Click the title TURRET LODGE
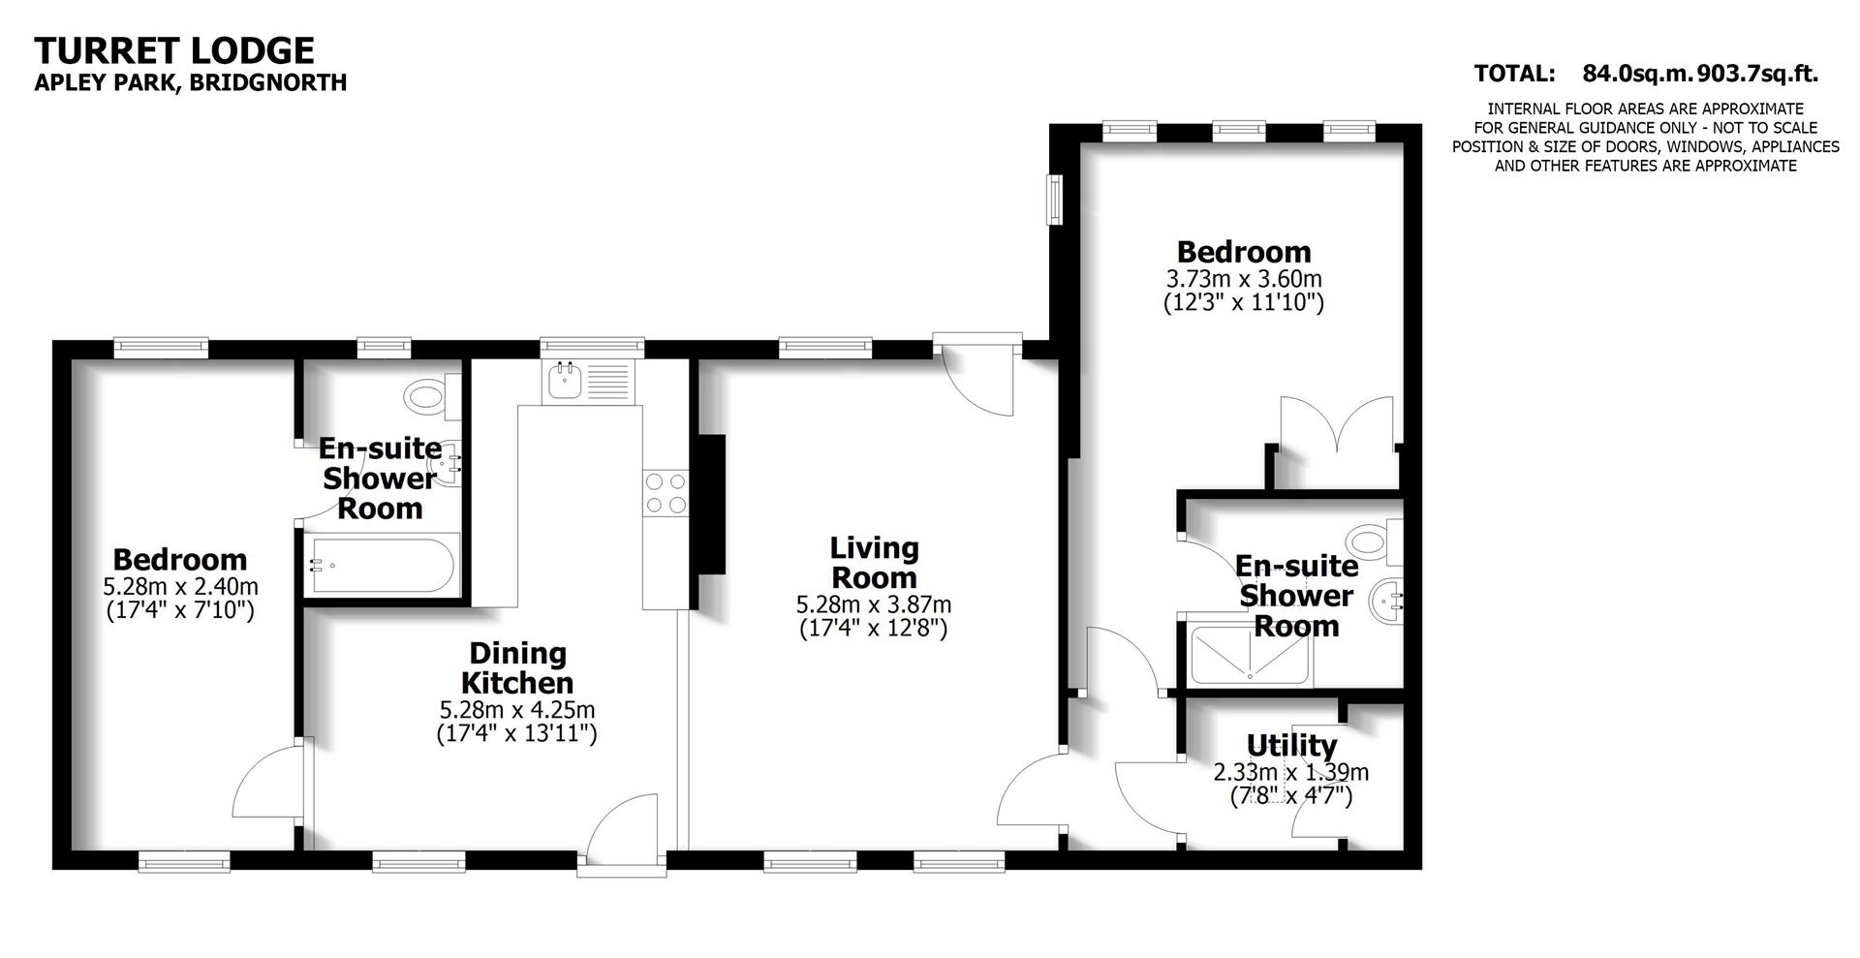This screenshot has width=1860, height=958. point(174,50)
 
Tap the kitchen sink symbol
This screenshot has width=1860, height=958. point(563,381)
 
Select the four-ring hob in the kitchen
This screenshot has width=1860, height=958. point(666,492)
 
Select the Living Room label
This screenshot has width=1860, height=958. point(874,563)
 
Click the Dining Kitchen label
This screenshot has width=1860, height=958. point(517,667)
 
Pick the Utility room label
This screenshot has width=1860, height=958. point(1291,745)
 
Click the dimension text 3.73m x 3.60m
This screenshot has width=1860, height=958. point(1244,279)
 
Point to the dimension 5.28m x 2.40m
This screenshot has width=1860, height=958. point(180,586)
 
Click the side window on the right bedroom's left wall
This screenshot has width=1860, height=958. point(1055,200)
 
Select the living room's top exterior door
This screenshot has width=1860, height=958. point(978,378)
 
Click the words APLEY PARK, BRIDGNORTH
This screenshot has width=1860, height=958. point(191,82)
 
